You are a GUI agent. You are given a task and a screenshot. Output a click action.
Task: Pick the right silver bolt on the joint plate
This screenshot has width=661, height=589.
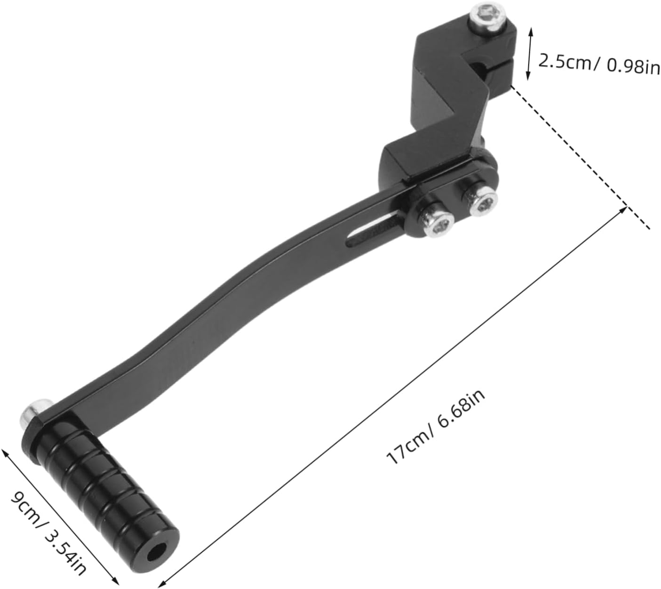pyautogui.click(x=478, y=201)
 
